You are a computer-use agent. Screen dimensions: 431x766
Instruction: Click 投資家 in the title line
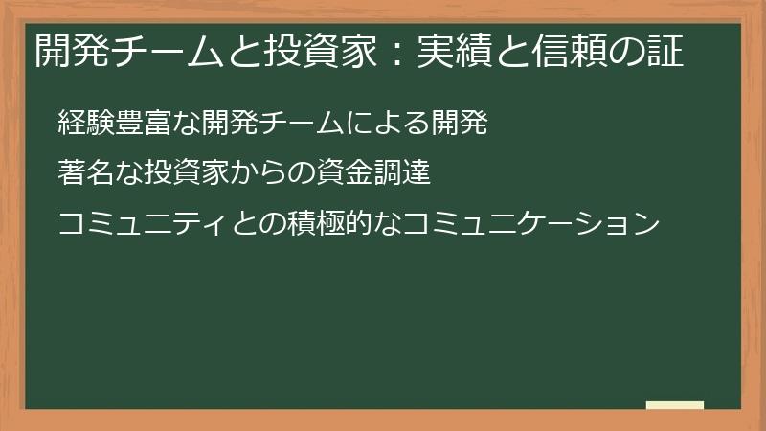(327, 54)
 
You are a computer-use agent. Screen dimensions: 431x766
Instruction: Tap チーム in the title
(164, 54)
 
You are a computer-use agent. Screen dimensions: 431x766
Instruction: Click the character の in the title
(627, 54)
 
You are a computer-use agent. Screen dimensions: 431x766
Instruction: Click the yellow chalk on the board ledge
(675, 405)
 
